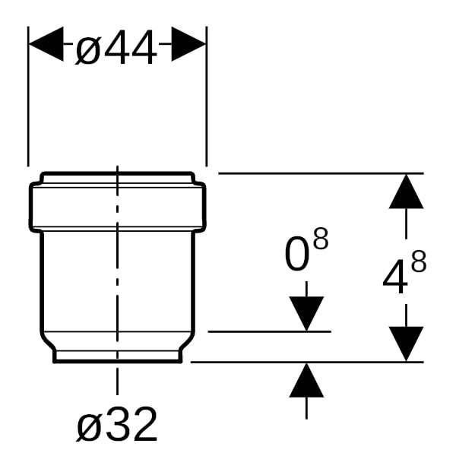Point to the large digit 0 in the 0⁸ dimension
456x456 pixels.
click(x=298, y=256)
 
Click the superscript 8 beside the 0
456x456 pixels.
click(x=321, y=239)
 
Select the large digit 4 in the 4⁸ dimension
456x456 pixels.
click(x=394, y=278)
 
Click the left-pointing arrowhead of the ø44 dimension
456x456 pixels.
click(x=46, y=46)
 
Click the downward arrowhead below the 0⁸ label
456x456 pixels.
click(x=306, y=312)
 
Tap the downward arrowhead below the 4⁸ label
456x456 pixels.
click(x=406, y=344)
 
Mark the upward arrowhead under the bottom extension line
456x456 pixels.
click(x=306, y=380)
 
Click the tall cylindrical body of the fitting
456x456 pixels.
click(x=117, y=285)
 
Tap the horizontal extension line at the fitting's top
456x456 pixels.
click(x=319, y=173)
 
